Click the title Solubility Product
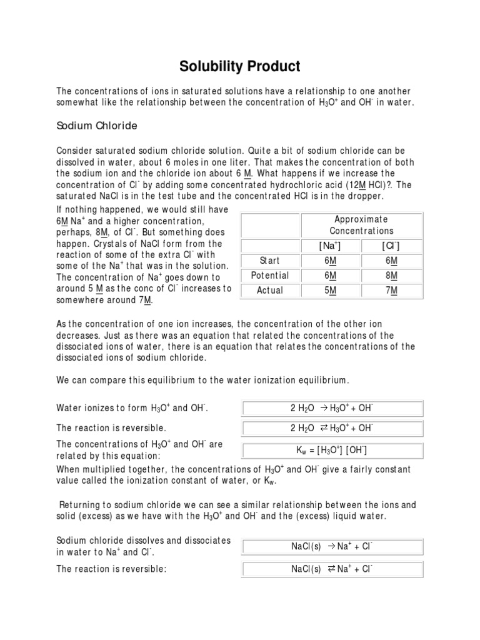[240, 66]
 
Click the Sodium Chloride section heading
[97, 126]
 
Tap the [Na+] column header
[332, 246]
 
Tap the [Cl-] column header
[392, 246]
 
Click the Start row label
[270, 261]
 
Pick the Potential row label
[270, 276]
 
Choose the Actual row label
[270, 291]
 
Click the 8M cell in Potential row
[392, 276]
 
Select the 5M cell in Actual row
[332, 291]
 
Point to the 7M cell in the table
[392, 291]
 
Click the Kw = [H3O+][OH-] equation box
[332, 451]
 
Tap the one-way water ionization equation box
[332, 409]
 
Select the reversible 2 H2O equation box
[332, 428]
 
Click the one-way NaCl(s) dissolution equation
[332, 546]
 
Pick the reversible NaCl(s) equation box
[332, 569]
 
